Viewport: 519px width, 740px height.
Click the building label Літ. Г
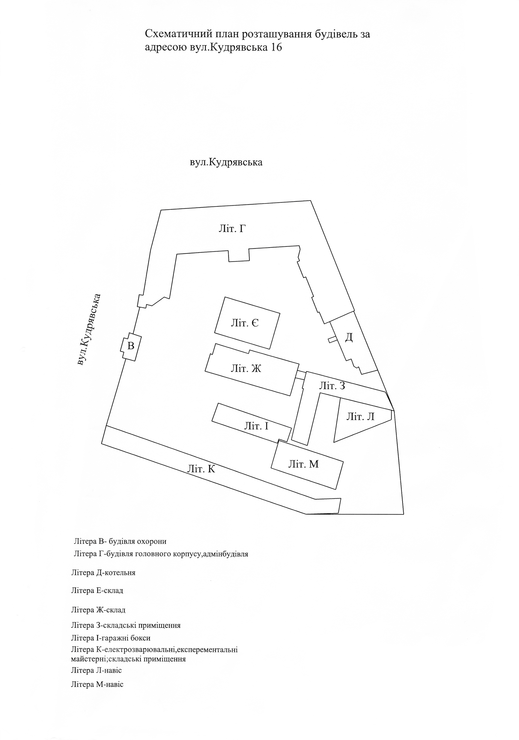[232, 229]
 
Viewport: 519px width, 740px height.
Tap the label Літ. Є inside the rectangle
[245, 323]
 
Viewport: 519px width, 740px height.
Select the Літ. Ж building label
[246, 369]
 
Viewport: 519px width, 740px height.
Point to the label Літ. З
[332, 386]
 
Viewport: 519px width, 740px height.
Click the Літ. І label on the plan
[256, 426]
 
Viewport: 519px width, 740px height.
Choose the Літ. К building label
[201, 469]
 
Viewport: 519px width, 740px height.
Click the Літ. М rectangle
[303, 464]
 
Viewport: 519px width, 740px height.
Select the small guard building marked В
[130, 346]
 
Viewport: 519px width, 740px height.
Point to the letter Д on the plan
[349, 337]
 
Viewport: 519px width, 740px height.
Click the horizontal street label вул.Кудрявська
[226, 162]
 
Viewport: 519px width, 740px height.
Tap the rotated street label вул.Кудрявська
[89, 330]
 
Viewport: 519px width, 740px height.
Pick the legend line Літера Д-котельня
[103, 573]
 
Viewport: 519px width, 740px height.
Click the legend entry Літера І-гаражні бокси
[111, 638]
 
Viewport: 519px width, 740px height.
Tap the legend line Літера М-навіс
[97, 684]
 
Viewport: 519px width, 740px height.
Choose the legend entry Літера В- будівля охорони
[120, 541]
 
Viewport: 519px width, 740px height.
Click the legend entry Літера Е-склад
[97, 591]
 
